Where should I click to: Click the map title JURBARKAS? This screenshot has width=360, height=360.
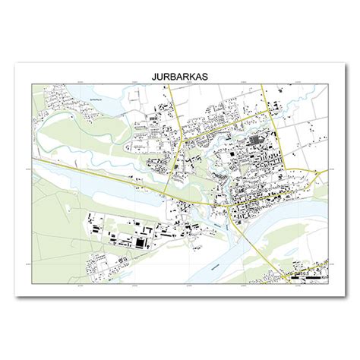click(180, 77)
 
